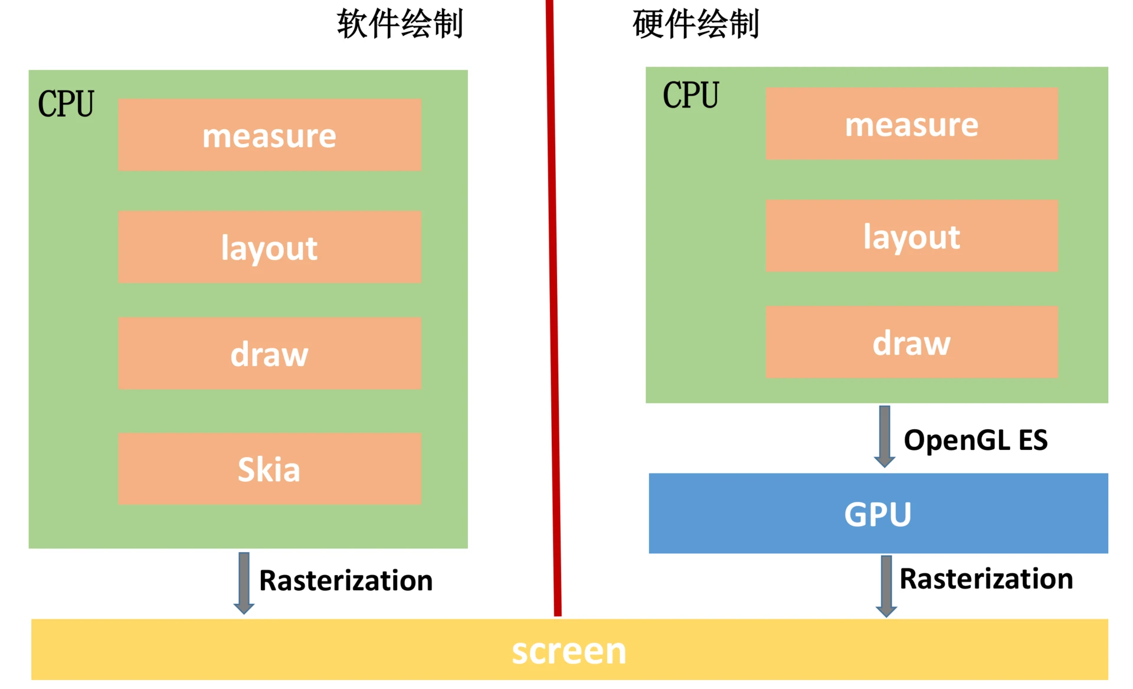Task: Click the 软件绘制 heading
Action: coord(400,24)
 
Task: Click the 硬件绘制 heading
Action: coord(695,24)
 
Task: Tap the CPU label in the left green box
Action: coord(66,104)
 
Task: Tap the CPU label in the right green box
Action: coord(690,95)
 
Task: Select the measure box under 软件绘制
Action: coord(269,135)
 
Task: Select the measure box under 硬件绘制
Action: coord(911,124)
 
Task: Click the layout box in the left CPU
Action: coord(269,247)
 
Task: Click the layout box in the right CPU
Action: coord(911,236)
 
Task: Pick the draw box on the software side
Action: coord(269,354)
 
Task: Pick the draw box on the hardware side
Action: coord(911,342)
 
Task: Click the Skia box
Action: coord(269,469)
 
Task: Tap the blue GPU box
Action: coord(877,514)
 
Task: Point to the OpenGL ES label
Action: coord(975,440)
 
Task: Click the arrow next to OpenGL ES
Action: coord(884,436)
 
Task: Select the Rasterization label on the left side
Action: coord(346,580)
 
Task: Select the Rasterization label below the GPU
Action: coord(985,579)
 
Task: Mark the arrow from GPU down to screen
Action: coord(886,586)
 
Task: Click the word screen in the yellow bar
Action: coord(568,651)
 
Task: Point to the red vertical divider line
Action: coord(553,307)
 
